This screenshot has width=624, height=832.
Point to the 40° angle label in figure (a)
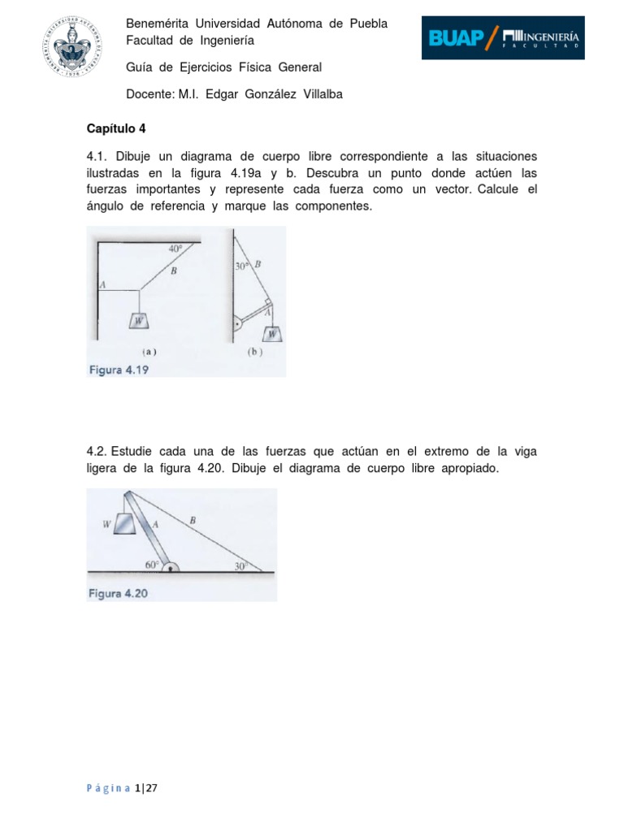coord(175,249)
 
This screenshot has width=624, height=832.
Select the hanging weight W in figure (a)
coord(140,320)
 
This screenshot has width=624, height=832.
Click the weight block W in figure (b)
coord(273,332)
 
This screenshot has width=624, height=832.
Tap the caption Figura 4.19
coord(119,370)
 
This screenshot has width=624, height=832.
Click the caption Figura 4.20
coord(119,594)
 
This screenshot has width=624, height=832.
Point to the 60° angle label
coord(153,562)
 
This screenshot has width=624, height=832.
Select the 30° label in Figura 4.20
coord(240,566)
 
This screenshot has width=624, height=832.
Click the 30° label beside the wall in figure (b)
coord(242,266)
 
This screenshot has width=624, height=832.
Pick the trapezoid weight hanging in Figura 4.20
coord(123,524)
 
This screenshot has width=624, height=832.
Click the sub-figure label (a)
coord(149,353)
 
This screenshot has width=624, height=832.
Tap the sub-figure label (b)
coord(254,353)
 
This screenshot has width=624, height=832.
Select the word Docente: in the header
coord(150,94)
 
